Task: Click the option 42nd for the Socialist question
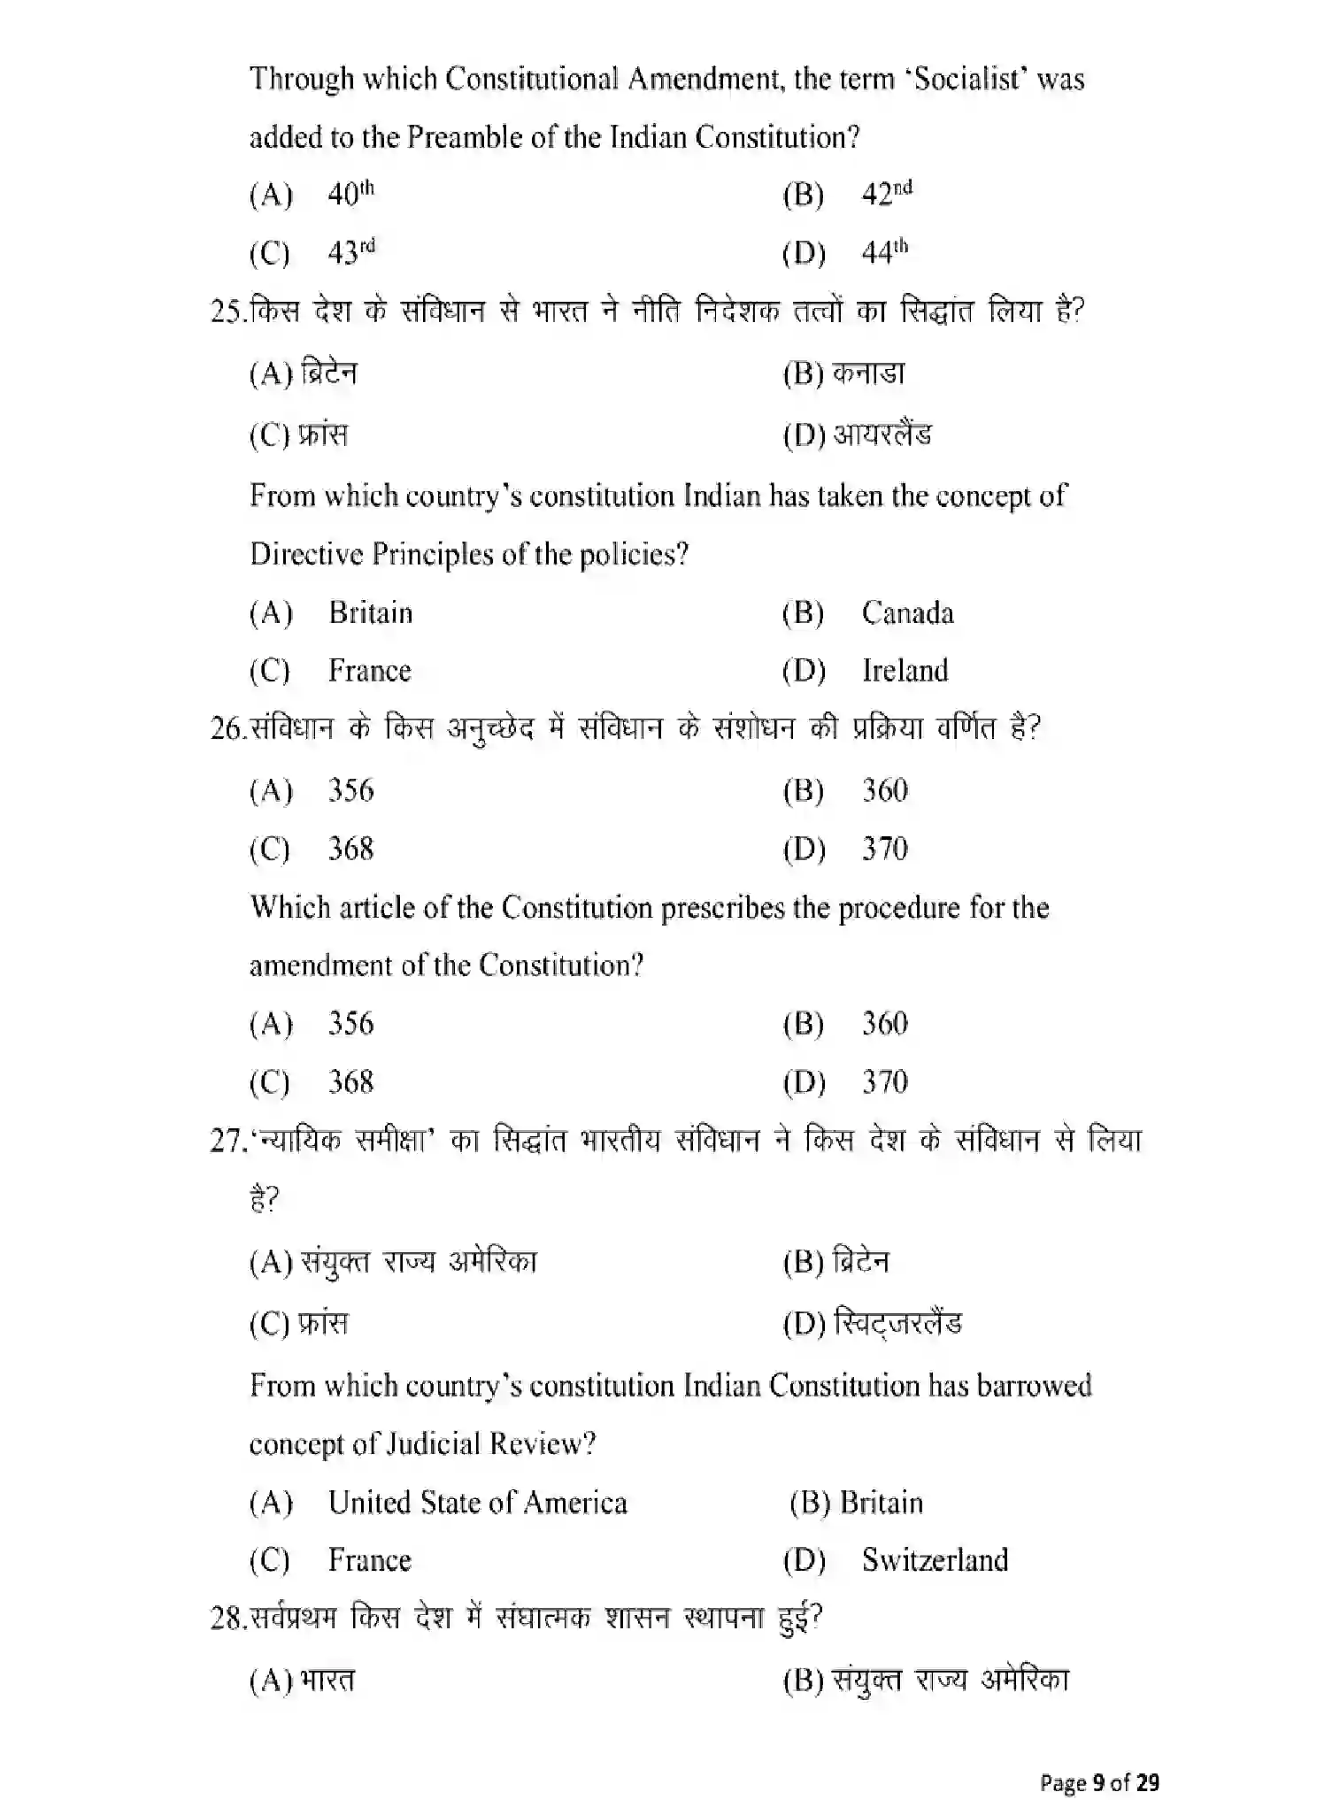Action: click(885, 194)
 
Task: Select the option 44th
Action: click(883, 253)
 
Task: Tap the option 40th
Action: click(350, 194)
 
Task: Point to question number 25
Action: click(227, 312)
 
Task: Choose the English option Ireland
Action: click(905, 671)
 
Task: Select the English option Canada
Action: click(907, 613)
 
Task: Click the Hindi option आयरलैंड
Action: click(882, 435)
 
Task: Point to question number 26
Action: click(227, 729)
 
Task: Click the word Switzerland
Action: click(935, 1559)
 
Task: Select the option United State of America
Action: click(477, 1503)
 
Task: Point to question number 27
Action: click(227, 1142)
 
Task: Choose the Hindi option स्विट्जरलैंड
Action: click(897, 1323)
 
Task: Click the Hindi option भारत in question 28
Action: click(327, 1680)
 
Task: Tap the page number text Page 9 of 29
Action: click(1099, 1781)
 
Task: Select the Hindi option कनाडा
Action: click(868, 373)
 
